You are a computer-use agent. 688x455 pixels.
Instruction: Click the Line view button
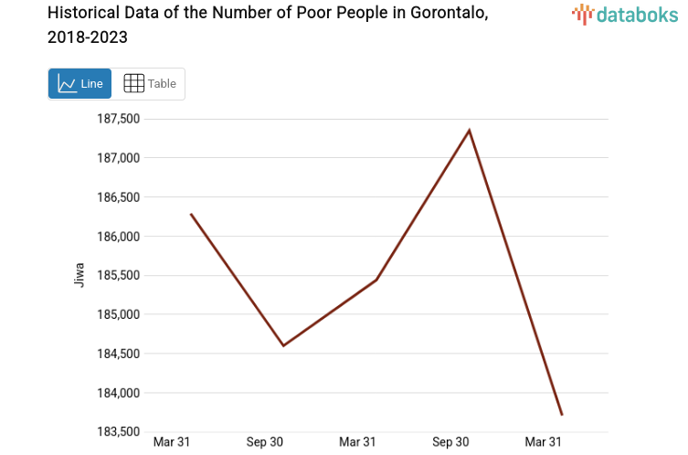79,83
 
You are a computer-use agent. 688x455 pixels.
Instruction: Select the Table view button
150,83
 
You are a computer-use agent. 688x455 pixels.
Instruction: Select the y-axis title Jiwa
79,275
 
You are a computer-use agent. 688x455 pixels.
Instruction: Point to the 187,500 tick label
118,119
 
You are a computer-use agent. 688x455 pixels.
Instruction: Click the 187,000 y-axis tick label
118,158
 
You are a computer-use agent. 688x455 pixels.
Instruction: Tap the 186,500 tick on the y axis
118,197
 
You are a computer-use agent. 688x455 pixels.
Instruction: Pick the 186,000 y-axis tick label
118,237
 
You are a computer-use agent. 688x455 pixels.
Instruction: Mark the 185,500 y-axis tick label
118,276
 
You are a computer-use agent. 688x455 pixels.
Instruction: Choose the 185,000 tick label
118,315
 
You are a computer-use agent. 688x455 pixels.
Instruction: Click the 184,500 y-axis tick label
118,354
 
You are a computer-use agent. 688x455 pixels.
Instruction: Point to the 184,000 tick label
118,394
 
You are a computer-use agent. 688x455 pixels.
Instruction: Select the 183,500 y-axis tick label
118,432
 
